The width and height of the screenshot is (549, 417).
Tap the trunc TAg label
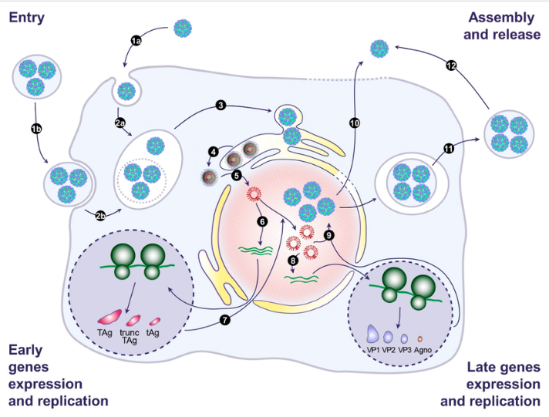pyautogui.click(x=134, y=336)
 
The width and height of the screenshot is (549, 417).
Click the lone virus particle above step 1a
pyautogui.click(x=183, y=29)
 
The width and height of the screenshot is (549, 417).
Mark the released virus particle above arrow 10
pyautogui.click(x=379, y=50)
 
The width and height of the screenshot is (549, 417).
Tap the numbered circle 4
pyautogui.click(x=215, y=150)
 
